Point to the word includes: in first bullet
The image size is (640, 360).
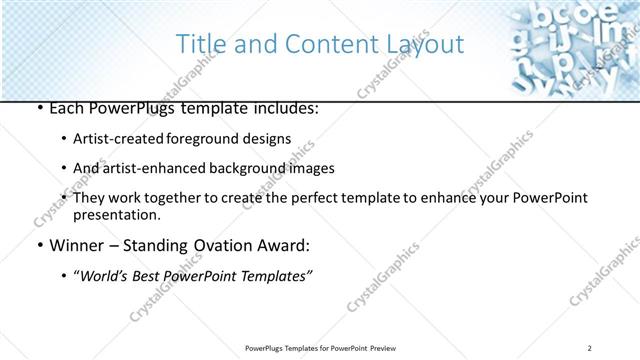coord(284,107)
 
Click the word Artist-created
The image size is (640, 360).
coord(115,139)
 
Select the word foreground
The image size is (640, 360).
coord(197,139)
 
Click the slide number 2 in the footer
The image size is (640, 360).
coord(591,347)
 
